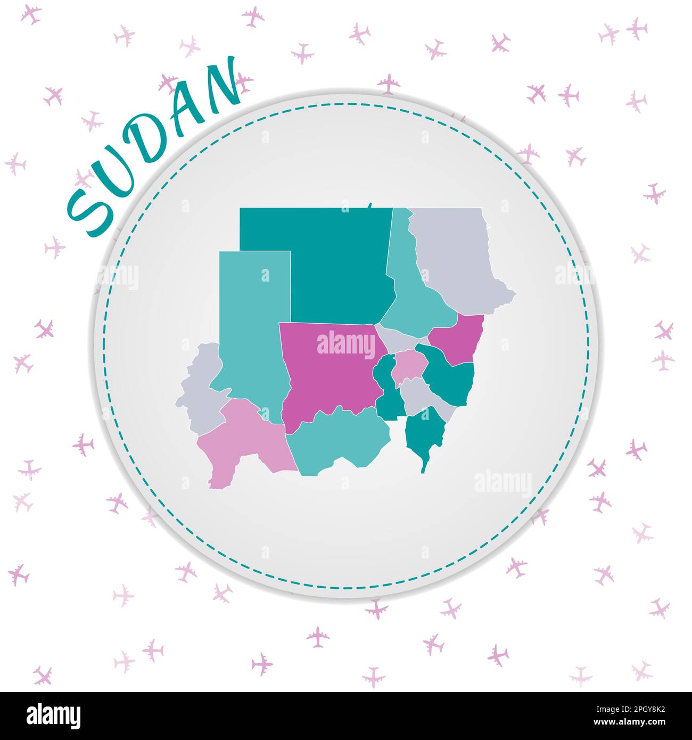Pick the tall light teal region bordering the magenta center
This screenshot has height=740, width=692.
coord(253,330)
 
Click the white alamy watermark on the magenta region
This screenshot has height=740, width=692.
coord(346,345)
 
